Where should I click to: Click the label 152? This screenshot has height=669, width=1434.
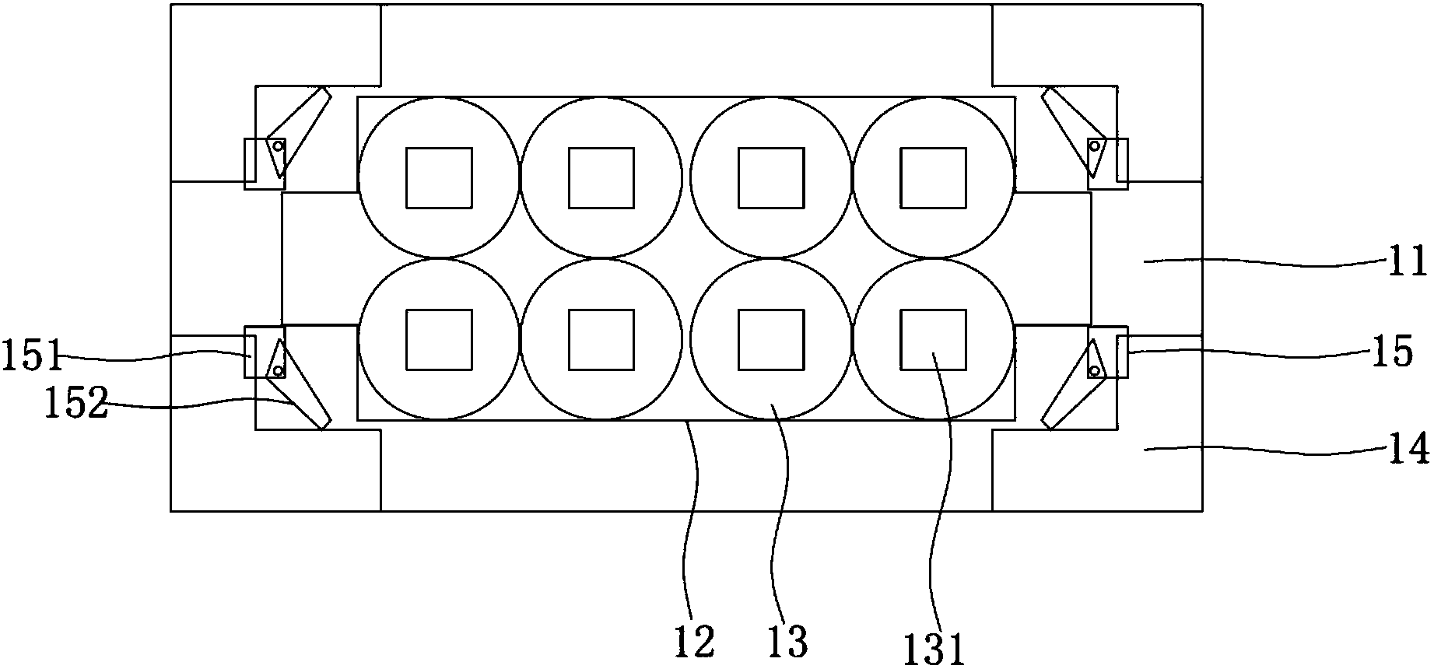point(75,404)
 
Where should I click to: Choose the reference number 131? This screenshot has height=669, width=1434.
point(934,648)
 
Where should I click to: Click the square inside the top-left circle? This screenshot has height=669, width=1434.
point(439,178)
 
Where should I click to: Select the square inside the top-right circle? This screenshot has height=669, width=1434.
point(933,178)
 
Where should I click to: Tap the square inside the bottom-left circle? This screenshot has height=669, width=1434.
point(439,339)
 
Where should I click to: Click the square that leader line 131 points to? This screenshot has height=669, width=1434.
point(933,339)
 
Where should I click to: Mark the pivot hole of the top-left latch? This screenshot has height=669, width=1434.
point(277,145)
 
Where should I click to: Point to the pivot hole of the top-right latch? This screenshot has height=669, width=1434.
point(1095,145)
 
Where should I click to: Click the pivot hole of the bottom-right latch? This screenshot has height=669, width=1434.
point(1095,370)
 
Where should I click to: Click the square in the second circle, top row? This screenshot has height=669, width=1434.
point(601,178)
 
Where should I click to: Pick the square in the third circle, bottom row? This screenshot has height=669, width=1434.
point(770,339)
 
